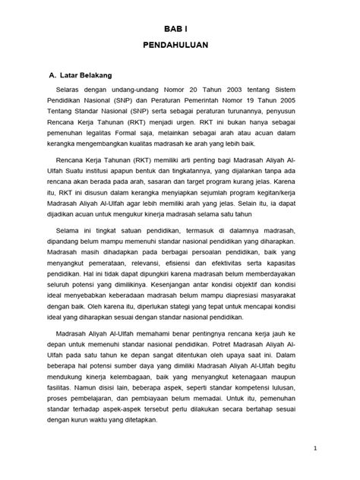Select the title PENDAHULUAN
coord(180,46)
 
